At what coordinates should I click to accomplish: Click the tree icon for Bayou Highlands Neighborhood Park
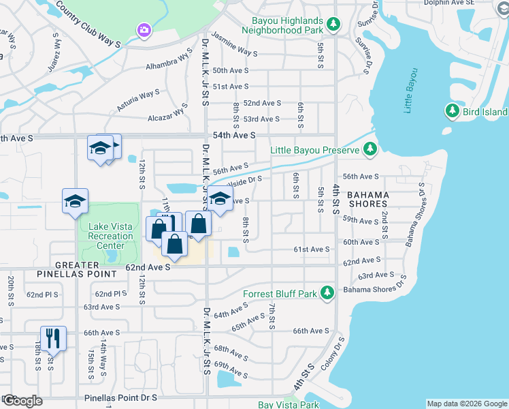[x=333, y=25]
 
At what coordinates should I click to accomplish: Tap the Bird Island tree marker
[x=451, y=110]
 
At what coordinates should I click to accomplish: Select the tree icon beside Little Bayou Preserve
[x=369, y=149]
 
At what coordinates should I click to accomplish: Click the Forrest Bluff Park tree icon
[x=327, y=293]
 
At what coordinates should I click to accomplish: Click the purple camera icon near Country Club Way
[x=144, y=29]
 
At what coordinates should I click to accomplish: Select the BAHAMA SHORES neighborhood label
[x=368, y=200]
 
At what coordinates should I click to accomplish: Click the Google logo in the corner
[x=22, y=401]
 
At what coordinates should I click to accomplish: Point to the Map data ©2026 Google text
[x=466, y=404]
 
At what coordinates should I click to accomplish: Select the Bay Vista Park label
[x=289, y=405]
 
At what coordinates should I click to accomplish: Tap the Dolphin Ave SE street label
[x=474, y=3]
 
